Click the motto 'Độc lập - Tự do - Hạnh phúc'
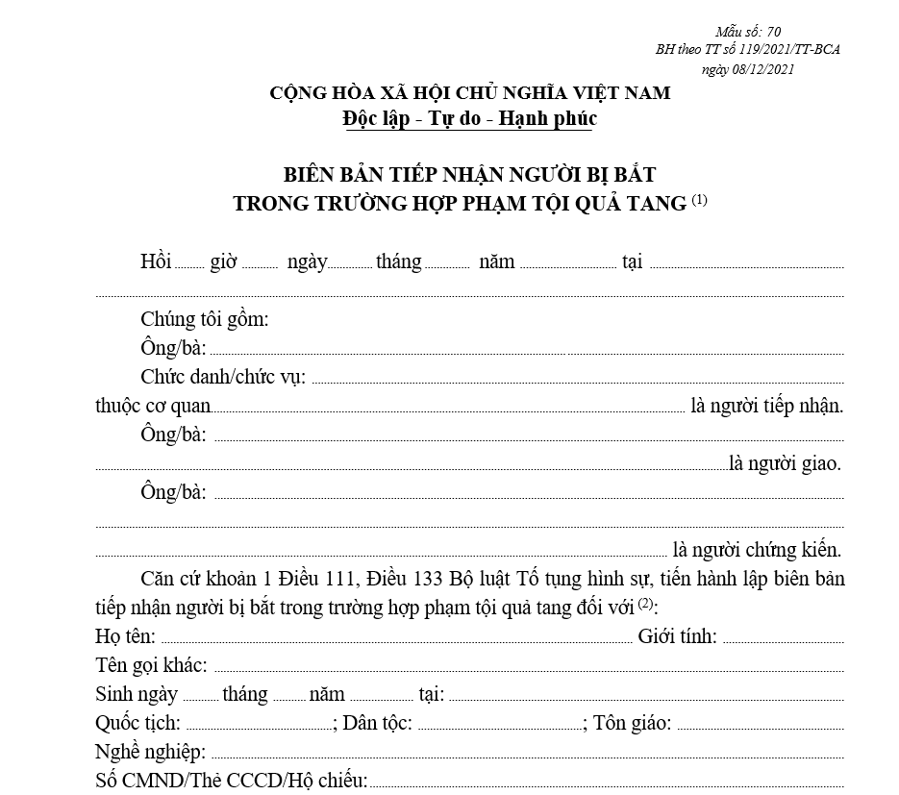tap(469, 118)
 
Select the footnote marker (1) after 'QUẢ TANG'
tap(699, 200)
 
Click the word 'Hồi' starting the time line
tap(155, 261)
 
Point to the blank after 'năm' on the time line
tap(567, 263)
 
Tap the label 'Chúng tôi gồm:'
tap(205, 319)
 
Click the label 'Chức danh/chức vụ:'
tap(223, 376)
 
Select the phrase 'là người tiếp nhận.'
tap(766, 406)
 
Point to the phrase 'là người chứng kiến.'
tap(757, 551)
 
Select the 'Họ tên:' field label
tap(126, 636)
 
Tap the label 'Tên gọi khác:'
tap(151, 665)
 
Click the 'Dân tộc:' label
tap(377, 723)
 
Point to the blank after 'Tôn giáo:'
tap(760, 725)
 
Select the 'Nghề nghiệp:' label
tap(150, 752)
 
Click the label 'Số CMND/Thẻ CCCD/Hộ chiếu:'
tap(231, 781)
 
